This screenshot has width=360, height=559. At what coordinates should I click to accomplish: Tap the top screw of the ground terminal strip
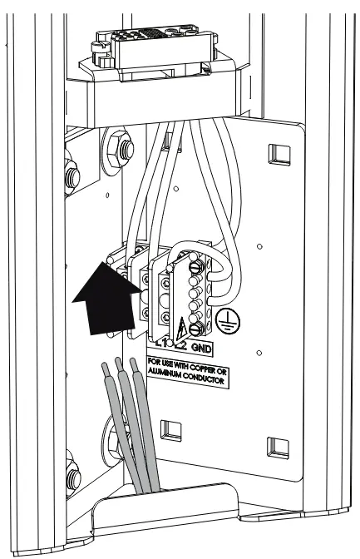click(196, 268)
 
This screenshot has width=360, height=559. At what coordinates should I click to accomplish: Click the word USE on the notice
click(169, 363)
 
